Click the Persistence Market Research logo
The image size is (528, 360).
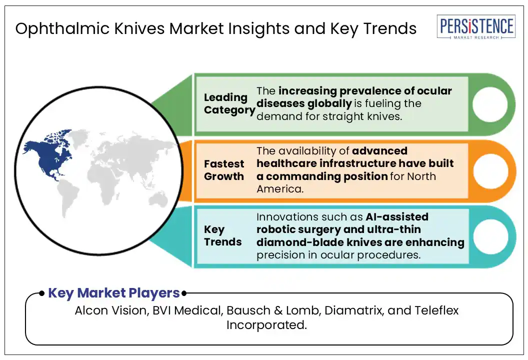tap(476, 26)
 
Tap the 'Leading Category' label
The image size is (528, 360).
tap(229, 103)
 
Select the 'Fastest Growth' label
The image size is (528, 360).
tap(224, 170)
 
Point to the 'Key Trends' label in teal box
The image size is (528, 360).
tap(222, 235)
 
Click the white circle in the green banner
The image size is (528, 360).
tap(489, 104)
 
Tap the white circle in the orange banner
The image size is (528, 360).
tap(490, 171)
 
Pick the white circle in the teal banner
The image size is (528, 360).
tap(490, 236)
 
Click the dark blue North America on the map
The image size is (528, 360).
tap(49, 155)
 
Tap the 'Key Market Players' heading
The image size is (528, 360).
tap(114, 293)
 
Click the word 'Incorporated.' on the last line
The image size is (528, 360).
tap(266, 325)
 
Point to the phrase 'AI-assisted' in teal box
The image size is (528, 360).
tap(397, 216)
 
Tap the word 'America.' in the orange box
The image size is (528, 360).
tap(280, 189)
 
